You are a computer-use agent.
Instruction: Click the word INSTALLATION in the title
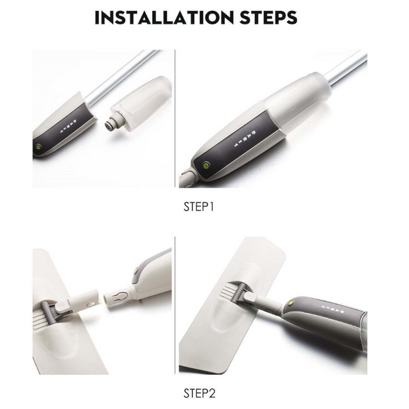pos(164,18)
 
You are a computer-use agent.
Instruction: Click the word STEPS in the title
pos(269,18)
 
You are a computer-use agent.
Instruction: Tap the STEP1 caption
pos(199,207)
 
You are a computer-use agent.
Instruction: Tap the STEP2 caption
pos(200,393)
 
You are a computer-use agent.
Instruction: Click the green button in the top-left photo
pos(38,147)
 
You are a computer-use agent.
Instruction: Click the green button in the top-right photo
pos(206,166)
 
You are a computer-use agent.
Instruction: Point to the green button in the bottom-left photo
pos(136,271)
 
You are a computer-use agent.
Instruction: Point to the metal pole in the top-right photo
pos(347,69)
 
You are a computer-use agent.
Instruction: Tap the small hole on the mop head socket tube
pos(91,303)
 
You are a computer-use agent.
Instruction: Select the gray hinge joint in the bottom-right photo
pos(239,293)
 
